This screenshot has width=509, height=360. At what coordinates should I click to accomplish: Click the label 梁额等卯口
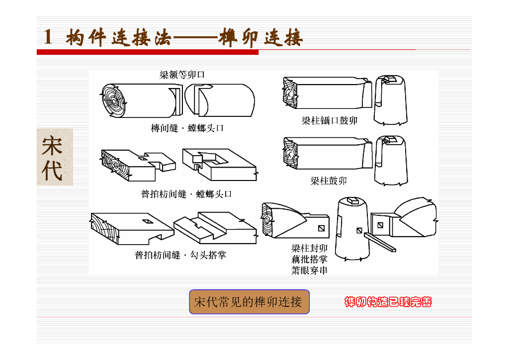pos(182,75)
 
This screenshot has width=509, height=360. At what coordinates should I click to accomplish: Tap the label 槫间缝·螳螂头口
pos(187,128)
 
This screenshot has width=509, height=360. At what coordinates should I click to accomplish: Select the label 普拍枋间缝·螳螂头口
pos(186,194)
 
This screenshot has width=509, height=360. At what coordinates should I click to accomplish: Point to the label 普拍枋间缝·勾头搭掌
pos(180,255)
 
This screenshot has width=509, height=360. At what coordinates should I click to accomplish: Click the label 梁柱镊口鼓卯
pos(330,120)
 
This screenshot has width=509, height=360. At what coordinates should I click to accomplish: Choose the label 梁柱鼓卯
pos(329,181)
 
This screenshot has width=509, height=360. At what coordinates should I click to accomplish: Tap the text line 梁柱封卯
pos(309,248)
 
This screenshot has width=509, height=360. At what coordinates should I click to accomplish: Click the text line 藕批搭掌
pos(309,259)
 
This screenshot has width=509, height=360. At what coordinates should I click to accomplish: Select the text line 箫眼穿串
pos(309,270)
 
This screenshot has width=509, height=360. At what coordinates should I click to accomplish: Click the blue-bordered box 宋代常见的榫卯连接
pos(249,302)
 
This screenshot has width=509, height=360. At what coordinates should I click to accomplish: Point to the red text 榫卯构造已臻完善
pos(388,302)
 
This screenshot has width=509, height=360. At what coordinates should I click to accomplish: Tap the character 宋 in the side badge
pos(53,146)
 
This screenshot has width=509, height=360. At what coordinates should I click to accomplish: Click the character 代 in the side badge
pos(53,171)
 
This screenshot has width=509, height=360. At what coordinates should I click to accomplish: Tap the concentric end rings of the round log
pos(114,101)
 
